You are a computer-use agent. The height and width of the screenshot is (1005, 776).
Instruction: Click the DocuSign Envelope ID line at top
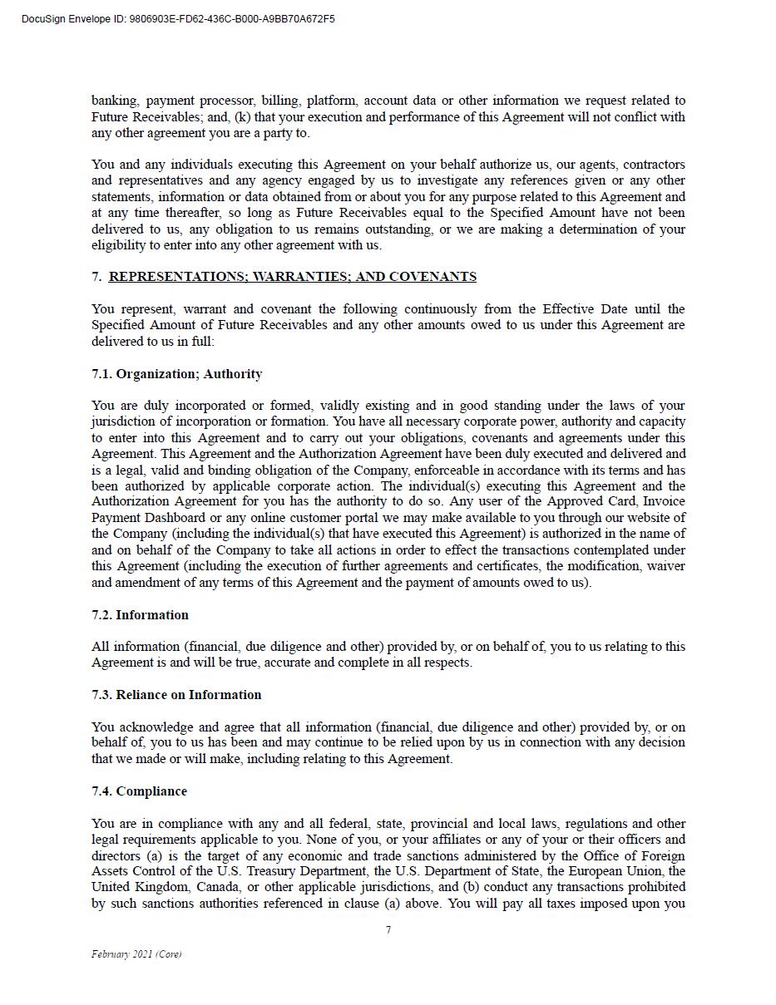(178, 19)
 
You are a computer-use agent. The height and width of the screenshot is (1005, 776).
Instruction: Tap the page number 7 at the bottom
(388, 930)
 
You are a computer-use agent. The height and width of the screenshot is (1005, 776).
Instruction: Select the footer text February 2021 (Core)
(136, 954)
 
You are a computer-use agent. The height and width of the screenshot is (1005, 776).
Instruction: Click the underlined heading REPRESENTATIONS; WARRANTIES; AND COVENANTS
(292, 277)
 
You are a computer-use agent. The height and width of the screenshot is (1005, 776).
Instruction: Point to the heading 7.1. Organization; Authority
(176, 374)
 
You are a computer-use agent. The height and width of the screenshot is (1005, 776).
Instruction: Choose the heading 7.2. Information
(140, 615)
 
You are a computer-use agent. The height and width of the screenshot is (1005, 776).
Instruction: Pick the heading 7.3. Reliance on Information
(176, 695)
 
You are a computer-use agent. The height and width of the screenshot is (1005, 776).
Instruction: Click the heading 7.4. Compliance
(139, 791)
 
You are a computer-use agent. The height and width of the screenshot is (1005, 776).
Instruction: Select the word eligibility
(118, 245)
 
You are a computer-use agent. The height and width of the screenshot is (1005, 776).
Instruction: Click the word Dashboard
(170, 518)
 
